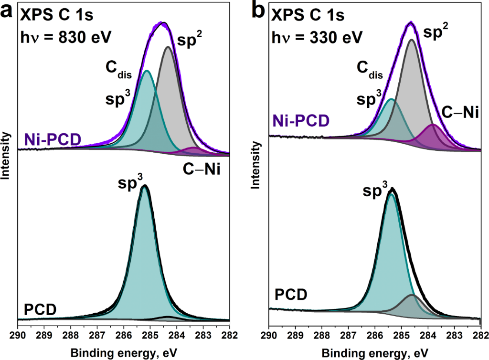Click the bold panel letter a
tap(8, 11)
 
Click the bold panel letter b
tap(258, 11)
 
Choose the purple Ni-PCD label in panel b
tap(299, 121)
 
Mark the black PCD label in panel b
tap(291, 294)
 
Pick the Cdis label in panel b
tap(370, 70)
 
